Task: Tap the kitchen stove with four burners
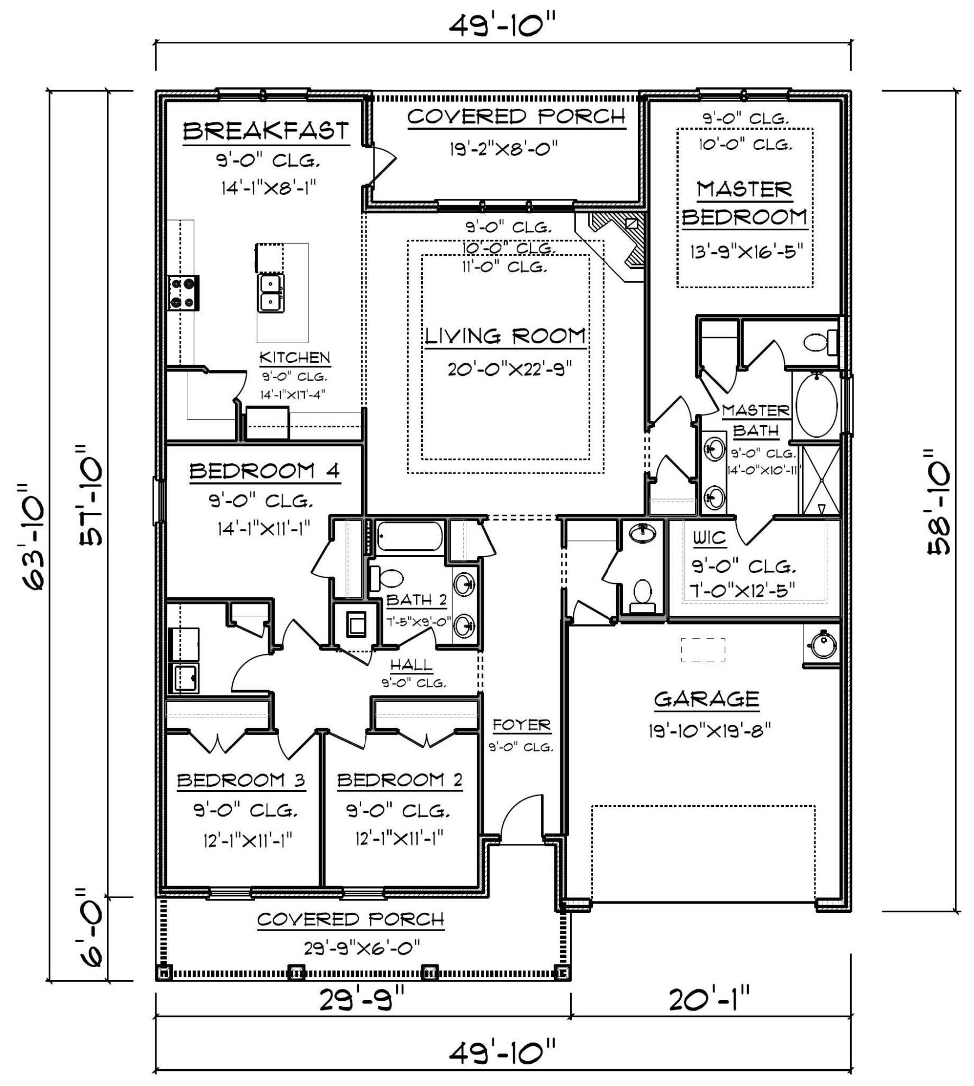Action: pyautogui.click(x=183, y=293)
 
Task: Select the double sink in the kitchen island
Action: pyautogui.click(x=270, y=293)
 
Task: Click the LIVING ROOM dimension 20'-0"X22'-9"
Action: pyautogui.click(x=510, y=369)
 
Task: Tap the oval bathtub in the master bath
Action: pyautogui.click(x=816, y=405)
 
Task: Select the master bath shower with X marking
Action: pyautogui.click(x=821, y=480)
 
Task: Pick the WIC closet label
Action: pyautogui.click(x=709, y=538)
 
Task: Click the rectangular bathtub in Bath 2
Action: pyautogui.click(x=409, y=536)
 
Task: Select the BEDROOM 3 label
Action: pyautogui.click(x=241, y=781)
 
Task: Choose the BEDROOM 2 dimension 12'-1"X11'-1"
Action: pyautogui.click(x=400, y=839)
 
